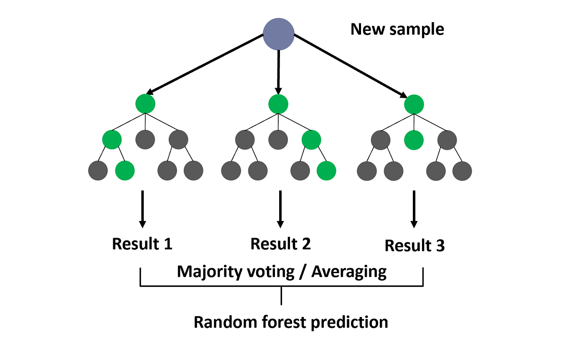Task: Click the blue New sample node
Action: tap(279, 35)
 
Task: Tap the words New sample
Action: tap(397, 30)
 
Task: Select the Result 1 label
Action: tap(142, 244)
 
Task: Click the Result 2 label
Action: tap(280, 243)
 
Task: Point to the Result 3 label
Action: tap(415, 246)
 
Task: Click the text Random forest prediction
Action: tap(291, 322)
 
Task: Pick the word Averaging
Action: tap(349, 272)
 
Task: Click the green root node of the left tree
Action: tap(145, 103)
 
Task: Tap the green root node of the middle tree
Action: tap(278, 104)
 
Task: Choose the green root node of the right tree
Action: tap(414, 104)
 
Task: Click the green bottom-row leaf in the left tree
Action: tap(125, 170)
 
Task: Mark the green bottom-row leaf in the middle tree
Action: tap(326, 170)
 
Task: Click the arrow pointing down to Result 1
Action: tap(142, 209)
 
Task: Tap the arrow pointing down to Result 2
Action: tap(280, 209)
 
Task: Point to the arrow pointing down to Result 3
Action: tap(414, 209)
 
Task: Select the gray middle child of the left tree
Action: tap(145, 139)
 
